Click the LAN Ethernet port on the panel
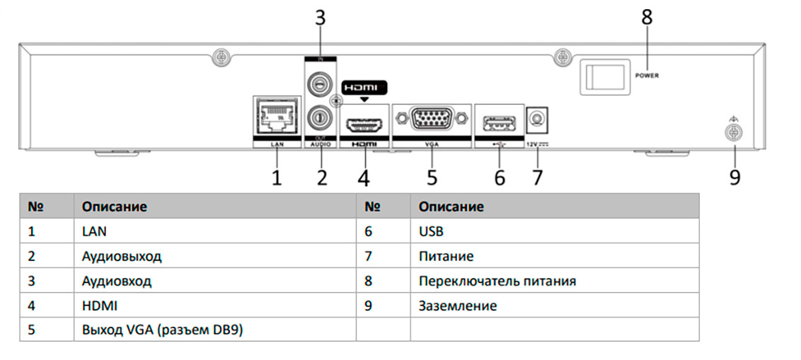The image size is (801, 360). (x=277, y=117)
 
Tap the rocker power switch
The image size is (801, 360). (x=604, y=76)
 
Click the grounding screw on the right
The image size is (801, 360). (x=734, y=132)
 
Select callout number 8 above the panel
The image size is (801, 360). (x=647, y=17)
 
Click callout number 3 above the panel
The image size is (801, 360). (x=321, y=17)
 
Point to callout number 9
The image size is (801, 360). (x=735, y=176)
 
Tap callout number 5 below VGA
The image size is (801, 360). (x=432, y=176)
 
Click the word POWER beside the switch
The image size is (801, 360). (x=647, y=75)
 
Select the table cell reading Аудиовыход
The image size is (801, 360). (x=117, y=255)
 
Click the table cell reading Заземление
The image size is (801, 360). (x=458, y=306)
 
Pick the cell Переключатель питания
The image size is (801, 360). (x=497, y=281)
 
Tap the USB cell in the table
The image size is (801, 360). (x=431, y=231)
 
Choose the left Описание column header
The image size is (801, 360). (x=115, y=207)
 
